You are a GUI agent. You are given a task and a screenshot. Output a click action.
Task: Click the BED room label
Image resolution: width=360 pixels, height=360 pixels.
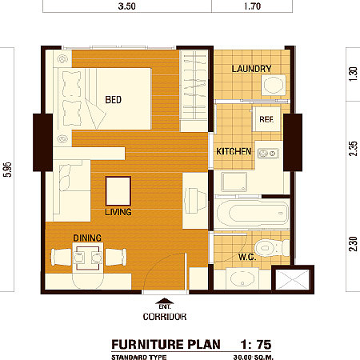coord(114,100)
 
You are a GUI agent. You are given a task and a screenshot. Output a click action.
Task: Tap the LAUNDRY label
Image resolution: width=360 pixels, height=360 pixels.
coord(251,69)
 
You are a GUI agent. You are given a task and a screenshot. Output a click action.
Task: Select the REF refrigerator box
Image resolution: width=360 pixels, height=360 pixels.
coord(266,119)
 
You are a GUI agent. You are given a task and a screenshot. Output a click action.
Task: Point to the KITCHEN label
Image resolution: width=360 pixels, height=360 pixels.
coord(234,151)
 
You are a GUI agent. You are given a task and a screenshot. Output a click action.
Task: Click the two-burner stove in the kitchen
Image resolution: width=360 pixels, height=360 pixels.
coord(268,154)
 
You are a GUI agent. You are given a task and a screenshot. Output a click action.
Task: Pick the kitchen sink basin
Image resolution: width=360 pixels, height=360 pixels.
coord(234,182)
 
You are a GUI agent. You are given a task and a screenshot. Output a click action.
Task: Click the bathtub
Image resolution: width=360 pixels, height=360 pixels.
coord(252,214)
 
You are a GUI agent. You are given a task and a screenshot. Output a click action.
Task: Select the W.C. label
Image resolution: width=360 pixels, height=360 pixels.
coord(247,257)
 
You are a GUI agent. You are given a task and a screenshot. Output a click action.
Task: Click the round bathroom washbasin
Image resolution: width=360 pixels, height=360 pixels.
coord(242,278)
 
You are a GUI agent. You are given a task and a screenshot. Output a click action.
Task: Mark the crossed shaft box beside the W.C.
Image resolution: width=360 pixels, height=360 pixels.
coord(293,279)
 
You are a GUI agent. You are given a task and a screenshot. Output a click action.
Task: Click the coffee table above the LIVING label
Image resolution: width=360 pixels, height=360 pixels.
coord(118,190)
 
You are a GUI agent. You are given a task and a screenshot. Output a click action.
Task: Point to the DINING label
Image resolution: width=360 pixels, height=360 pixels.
coord(87,238)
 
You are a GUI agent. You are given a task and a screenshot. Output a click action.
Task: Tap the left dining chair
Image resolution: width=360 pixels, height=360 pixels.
coord(62,257)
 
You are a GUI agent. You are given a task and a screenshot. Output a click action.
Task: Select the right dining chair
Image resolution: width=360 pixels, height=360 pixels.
coord(116,257)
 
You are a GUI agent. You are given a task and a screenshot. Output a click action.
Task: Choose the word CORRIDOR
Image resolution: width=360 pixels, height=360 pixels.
coord(165,317)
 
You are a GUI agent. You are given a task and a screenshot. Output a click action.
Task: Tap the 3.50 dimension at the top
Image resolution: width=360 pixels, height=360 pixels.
coord(126,6)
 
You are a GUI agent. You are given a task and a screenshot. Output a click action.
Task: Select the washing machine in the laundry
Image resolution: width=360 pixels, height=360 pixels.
coord(274,85)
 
